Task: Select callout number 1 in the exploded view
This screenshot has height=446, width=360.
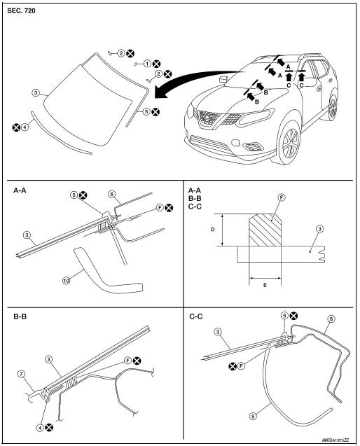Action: [147, 63]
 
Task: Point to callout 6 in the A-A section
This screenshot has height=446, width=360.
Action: [111, 193]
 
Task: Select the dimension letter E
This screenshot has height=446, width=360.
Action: [265, 286]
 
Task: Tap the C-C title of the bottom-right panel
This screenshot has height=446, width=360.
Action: [196, 316]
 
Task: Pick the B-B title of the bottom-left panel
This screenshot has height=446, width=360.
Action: [20, 316]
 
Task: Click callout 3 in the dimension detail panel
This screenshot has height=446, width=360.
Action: [319, 228]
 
